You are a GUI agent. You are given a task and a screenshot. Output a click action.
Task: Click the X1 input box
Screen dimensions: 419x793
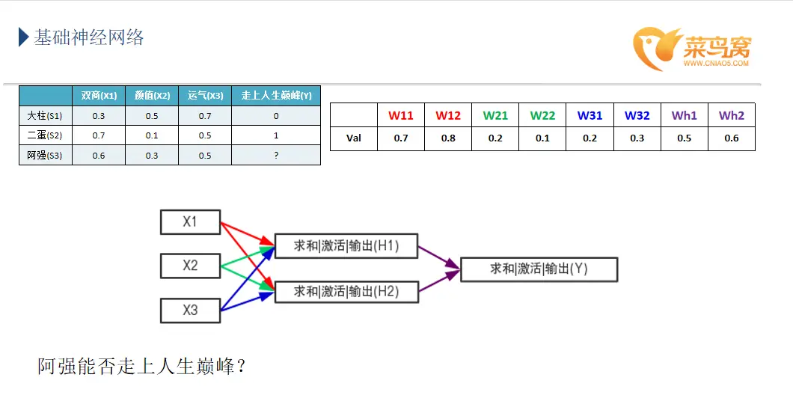(190, 222)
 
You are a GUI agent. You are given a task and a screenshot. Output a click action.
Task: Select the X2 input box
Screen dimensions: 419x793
(190, 266)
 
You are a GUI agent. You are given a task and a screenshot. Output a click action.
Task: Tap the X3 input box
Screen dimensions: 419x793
(190, 310)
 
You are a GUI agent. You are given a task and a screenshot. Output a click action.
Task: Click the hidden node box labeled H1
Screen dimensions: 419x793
(346, 245)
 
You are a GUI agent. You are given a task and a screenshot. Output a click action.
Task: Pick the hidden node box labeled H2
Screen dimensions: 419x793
(346, 291)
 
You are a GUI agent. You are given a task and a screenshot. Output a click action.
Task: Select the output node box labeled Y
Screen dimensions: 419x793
(539, 269)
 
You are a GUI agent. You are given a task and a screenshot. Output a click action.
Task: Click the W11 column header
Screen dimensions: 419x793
(400, 115)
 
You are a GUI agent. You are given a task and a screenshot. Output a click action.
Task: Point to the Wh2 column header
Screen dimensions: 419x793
(731, 115)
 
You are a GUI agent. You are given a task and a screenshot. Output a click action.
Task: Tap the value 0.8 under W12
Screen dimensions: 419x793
(448, 138)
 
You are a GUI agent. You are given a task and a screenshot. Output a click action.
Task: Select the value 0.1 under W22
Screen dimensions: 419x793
(542, 138)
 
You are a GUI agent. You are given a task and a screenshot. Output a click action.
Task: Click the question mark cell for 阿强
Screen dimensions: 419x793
(276, 155)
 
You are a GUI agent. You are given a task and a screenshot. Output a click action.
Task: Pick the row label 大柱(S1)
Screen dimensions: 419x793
(45, 116)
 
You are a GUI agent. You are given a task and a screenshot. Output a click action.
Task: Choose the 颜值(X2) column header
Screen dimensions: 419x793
(152, 96)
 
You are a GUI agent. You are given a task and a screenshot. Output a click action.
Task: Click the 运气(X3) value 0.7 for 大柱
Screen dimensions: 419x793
(205, 116)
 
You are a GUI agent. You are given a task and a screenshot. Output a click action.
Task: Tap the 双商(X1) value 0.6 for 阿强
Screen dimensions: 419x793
(99, 155)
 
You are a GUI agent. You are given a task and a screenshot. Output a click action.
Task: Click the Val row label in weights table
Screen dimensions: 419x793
(353, 138)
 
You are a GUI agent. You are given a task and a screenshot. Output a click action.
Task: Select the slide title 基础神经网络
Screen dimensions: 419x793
(88, 37)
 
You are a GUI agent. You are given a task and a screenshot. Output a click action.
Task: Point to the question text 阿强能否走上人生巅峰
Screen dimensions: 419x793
(142, 367)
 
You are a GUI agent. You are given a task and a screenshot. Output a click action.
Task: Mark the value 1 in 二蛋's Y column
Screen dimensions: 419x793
(276, 135)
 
